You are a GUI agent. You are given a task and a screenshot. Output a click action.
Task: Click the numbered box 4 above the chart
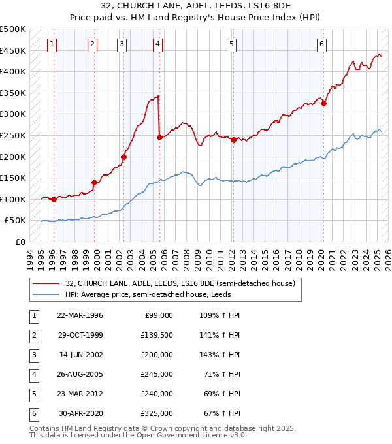(158, 44)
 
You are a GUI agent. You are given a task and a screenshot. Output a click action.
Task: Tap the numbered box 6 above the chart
(322, 44)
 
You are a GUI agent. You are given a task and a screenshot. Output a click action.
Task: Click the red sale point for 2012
(233, 139)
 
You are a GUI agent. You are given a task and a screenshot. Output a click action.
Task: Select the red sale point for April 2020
(323, 103)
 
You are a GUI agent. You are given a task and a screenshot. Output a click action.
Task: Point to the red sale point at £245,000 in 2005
(159, 137)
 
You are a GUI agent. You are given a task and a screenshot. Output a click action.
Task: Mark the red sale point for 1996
(54, 200)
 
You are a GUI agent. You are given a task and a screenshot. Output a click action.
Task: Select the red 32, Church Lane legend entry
(180, 283)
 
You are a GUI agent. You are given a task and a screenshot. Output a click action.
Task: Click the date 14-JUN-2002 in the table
(80, 355)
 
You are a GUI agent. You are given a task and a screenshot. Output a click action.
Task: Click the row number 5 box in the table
(33, 394)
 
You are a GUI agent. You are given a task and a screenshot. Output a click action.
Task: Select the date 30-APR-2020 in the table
(80, 413)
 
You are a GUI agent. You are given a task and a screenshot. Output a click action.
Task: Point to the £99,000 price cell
(157, 315)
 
